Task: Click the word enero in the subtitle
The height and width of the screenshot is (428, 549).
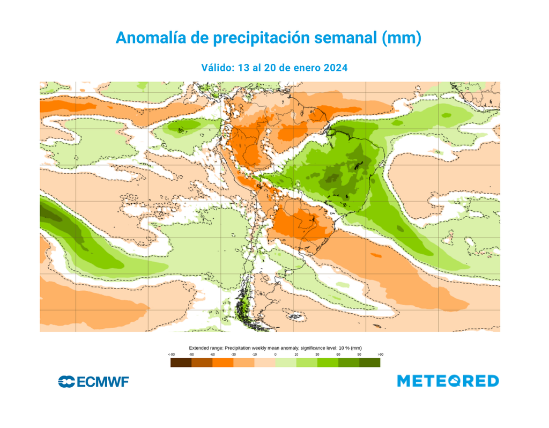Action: pyautogui.click(x=305, y=68)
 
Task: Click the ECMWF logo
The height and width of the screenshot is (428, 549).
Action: pyautogui.click(x=93, y=381)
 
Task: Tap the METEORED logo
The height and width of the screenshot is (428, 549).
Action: pyautogui.click(x=448, y=381)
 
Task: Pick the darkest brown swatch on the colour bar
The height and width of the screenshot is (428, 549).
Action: pyautogui.click(x=181, y=363)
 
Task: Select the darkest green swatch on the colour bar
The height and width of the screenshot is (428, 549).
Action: pyautogui.click(x=369, y=363)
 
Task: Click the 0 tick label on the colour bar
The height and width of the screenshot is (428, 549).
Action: pyautogui.click(x=275, y=355)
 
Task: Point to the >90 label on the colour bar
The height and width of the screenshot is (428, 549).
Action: pyautogui.click(x=380, y=355)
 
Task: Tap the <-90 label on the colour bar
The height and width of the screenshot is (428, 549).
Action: pyautogui.click(x=171, y=355)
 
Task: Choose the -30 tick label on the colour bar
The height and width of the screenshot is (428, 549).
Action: pyautogui.click(x=233, y=355)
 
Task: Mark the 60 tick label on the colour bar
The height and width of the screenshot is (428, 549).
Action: pyautogui.click(x=338, y=355)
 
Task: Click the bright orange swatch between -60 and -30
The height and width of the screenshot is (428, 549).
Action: pyautogui.click(x=222, y=363)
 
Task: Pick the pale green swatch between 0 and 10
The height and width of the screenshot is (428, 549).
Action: pyautogui.click(x=286, y=363)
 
